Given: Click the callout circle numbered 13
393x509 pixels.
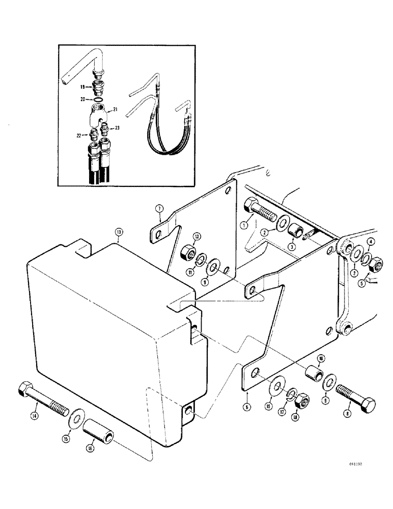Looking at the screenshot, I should click(x=119, y=232).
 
